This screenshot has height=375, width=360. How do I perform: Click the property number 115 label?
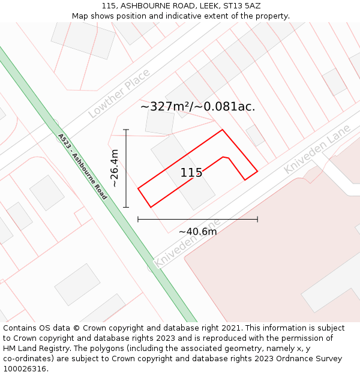point(191,173)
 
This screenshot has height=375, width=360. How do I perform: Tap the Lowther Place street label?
point(119,93)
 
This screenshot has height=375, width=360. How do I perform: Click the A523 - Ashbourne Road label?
point(82,166)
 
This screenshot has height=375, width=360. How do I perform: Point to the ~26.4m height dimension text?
point(114,169)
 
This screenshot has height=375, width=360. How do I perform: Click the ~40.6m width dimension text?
point(197,232)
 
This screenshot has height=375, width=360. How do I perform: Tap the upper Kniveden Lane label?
point(307,155)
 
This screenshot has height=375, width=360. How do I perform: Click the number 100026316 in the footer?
point(24,369)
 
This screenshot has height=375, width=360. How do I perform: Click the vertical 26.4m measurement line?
point(126,168)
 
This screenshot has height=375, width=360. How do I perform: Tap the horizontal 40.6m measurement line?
point(197,220)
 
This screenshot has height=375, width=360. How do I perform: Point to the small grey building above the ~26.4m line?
point(160,122)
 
